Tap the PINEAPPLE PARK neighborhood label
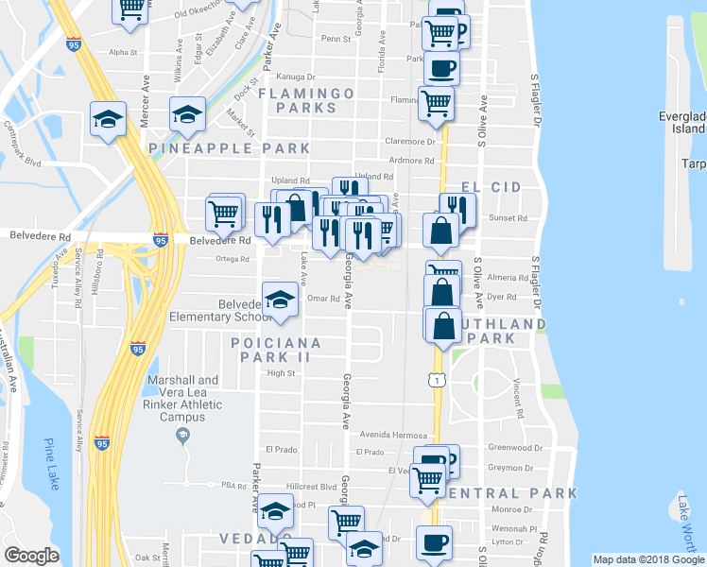click(230, 148)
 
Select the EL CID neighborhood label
click(491, 188)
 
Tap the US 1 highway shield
click(436, 379)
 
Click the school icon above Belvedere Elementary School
click(278, 300)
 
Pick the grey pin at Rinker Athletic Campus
click(183, 435)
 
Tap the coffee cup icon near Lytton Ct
click(435, 542)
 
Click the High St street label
click(282, 373)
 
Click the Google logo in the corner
click(31, 556)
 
